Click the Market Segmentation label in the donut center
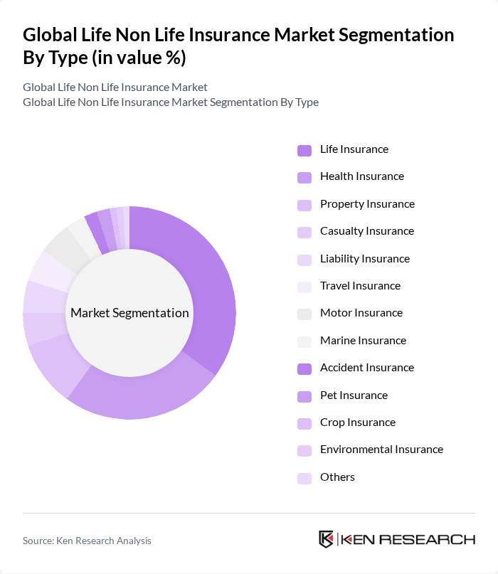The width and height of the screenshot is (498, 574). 129,313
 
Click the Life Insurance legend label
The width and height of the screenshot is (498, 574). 354,149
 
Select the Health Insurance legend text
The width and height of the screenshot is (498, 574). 361,176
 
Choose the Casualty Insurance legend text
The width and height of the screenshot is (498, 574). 366,231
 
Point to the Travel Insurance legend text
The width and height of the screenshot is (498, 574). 360,286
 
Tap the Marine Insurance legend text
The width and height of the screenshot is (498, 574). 363,341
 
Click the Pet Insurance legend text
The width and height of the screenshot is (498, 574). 354,395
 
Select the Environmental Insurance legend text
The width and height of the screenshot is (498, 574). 381,450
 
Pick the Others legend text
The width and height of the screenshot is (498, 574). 337,477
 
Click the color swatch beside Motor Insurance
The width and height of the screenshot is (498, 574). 304,314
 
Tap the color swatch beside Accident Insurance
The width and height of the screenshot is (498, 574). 304,368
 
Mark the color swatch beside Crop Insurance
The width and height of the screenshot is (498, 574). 304,423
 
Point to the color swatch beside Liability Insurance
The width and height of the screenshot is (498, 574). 304,260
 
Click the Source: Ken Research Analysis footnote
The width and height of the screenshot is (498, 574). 87,541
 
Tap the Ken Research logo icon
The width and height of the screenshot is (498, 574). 327,539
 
